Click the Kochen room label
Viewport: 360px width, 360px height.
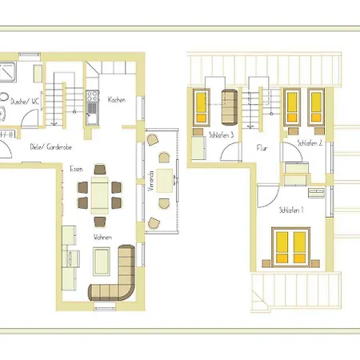[x=117, y=100]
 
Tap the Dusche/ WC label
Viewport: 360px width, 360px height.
[x=25, y=102]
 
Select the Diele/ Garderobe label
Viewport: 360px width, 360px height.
[x=51, y=147]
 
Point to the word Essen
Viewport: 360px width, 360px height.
[x=76, y=169]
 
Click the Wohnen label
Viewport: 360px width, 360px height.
[x=102, y=237]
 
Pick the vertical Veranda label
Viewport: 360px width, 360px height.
[x=151, y=181]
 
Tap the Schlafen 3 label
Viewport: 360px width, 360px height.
[x=222, y=135]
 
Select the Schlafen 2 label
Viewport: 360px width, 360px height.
[x=310, y=143]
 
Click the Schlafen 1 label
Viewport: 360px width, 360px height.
[x=291, y=210]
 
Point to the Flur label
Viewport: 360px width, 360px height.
[x=262, y=148]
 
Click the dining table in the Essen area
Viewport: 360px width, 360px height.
[x=100, y=195]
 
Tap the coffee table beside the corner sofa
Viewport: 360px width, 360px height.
[x=102, y=262]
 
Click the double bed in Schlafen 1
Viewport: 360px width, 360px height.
[x=290, y=247]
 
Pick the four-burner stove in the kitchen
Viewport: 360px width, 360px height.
[x=92, y=97]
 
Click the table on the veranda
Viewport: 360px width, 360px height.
[x=165, y=181]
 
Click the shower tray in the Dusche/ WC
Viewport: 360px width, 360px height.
[x=7, y=72]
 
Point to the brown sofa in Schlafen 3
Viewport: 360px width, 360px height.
[x=230, y=107]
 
